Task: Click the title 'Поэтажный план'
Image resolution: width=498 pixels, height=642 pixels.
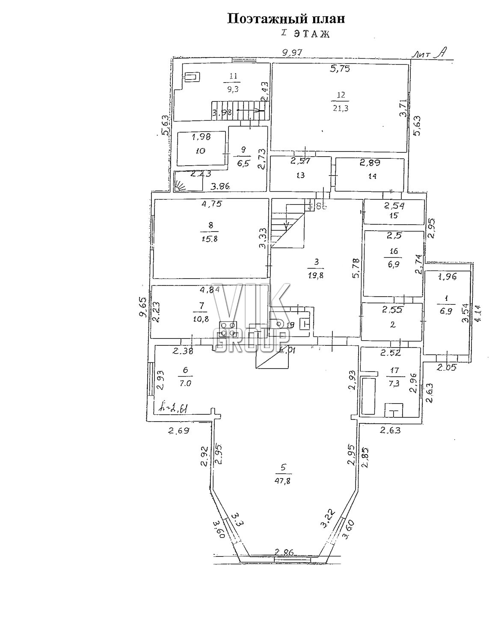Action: coord(285,18)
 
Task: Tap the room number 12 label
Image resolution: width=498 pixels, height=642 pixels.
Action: coord(341,95)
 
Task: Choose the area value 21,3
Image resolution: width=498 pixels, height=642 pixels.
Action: coord(341,108)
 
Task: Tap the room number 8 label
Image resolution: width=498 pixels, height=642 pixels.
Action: coord(210,225)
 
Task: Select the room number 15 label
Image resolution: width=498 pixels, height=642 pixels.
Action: coord(394,215)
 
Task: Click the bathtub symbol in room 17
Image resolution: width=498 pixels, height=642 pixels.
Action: coord(368,396)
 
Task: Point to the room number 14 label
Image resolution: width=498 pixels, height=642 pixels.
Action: coord(372,176)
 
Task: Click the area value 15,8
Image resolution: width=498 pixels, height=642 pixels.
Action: coord(210,239)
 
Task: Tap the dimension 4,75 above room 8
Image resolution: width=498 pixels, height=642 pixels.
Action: coord(211,204)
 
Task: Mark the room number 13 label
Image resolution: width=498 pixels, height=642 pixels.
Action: coord(300,175)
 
